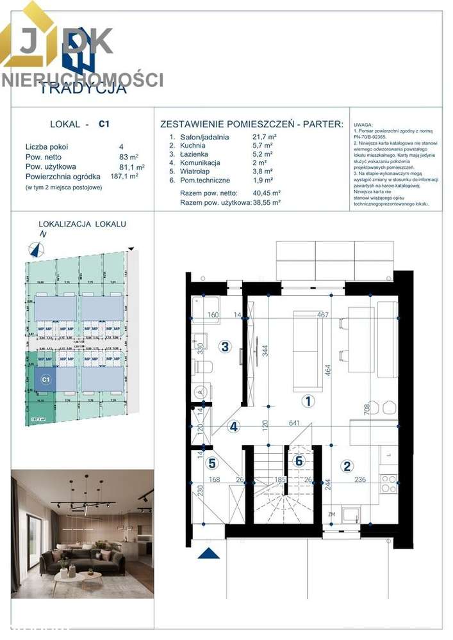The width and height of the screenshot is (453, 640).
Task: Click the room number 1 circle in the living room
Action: coord(308,402)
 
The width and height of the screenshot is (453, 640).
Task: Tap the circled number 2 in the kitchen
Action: coord(347,466)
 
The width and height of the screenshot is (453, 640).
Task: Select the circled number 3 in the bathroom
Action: coord(224,347)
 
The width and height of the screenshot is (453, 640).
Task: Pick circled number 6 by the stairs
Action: coord(298,460)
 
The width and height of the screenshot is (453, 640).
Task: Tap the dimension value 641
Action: coord(294,422)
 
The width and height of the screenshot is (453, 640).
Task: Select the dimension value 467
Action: coord(323,314)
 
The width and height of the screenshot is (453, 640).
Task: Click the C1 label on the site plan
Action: coord(45,380)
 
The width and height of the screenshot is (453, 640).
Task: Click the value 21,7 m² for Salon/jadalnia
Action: coord(265,137)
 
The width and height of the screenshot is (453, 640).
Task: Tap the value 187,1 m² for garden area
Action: coord(124,176)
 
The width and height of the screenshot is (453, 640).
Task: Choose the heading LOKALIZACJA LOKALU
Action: coord(82,224)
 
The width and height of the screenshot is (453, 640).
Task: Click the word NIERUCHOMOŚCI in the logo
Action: coord(82,80)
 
